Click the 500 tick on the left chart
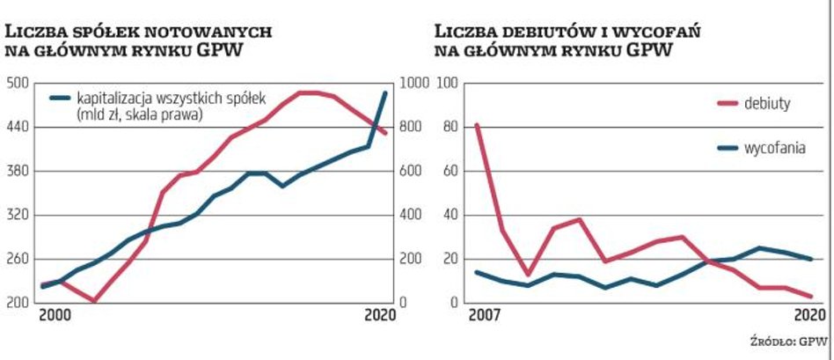[18, 84]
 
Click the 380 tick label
[18, 172]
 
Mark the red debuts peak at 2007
[477, 125]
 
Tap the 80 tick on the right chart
[450, 127]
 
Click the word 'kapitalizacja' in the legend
[111, 98]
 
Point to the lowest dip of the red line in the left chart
[94, 301]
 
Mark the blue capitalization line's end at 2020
[384, 92]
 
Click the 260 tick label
[18, 260]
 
